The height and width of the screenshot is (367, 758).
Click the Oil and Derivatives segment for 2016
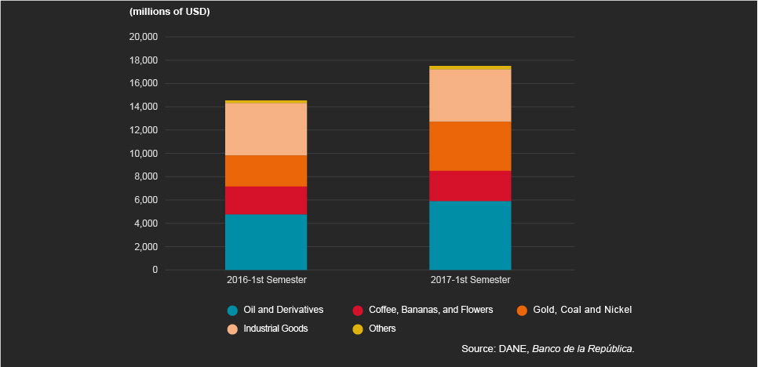pyautogui.click(x=266, y=242)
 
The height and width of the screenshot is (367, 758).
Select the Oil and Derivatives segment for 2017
pyautogui.click(x=470, y=235)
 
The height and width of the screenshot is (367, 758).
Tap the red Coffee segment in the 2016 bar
pyautogui.click(x=266, y=200)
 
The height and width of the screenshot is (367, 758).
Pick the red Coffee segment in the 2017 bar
pyautogui.click(x=470, y=186)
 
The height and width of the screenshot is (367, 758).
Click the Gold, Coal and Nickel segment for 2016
pyautogui.click(x=266, y=170)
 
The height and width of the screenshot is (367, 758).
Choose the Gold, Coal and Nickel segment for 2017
pyautogui.click(x=470, y=146)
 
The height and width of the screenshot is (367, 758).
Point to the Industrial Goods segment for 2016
pyautogui.click(x=266, y=129)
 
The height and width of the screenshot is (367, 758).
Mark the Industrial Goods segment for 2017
pyautogui.click(x=470, y=96)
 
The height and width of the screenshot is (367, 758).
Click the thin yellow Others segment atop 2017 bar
pyautogui.click(x=470, y=68)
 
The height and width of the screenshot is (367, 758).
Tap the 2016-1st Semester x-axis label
pyautogui.click(x=266, y=280)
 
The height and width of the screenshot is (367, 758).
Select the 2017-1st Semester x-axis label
pyautogui.click(x=470, y=280)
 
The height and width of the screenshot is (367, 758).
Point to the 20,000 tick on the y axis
pyautogui.click(x=143, y=37)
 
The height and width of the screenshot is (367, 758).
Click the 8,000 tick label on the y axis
pyautogui.click(x=145, y=176)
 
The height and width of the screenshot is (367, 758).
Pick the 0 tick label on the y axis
pyautogui.click(x=155, y=270)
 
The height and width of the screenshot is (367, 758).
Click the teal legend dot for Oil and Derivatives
pyautogui.click(x=232, y=310)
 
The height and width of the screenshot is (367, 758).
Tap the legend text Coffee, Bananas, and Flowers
pyautogui.click(x=431, y=310)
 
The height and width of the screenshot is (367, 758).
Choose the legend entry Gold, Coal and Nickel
pyautogui.click(x=581, y=310)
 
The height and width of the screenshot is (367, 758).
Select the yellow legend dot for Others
pyautogui.click(x=358, y=329)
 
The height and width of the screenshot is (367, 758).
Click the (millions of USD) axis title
pyautogui.click(x=169, y=12)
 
